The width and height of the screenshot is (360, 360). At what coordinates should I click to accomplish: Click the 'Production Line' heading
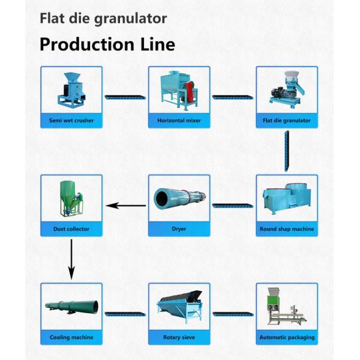(x=107, y=44)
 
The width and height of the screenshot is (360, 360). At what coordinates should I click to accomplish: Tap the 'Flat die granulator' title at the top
(x=103, y=18)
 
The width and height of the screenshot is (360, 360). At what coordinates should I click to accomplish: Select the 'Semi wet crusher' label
(x=71, y=121)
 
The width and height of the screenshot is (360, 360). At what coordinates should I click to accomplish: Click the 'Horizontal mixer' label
(x=179, y=121)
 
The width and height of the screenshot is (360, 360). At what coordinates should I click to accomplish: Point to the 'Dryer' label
(x=179, y=229)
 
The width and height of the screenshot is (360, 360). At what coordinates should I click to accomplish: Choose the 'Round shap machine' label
(x=287, y=229)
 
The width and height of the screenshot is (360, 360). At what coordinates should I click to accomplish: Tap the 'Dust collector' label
(x=71, y=229)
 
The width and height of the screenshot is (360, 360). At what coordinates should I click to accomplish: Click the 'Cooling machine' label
(x=71, y=337)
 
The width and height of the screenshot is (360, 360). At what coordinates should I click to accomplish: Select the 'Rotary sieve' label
(x=179, y=337)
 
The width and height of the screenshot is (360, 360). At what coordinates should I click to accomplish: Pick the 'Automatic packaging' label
(x=287, y=337)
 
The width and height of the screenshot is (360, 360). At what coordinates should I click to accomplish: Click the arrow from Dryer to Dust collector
(x=125, y=206)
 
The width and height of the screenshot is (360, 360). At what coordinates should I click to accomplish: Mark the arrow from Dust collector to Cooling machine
(x=71, y=258)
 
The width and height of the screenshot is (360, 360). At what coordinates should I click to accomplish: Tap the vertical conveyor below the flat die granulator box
(x=287, y=151)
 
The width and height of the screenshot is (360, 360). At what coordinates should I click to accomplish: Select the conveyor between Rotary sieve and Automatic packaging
(x=233, y=314)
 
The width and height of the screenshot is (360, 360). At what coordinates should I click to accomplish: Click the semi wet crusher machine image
(x=71, y=90)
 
